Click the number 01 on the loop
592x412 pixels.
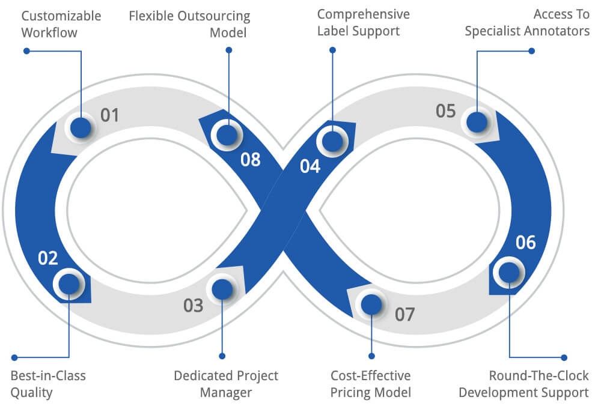pyautogui.click(x=109, y=114)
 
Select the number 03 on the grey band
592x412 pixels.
pyautogui.click(x=194, y=305)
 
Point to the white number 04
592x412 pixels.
pyautogui.click(x=310, y=166)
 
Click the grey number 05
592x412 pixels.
pyautogui.click(x=446, y=111)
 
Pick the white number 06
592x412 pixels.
pyautogui.click(x=526, y=242)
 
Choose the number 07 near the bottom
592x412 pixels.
pyautogui.click(x=405, y=314)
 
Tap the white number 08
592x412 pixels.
pyautogui.click(x=251, y=160)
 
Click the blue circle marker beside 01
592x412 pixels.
pyautogui.click(x=81, y=127)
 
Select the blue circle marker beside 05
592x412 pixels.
pyautogui.click(x=477, y=122)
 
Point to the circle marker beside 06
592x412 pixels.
pyautogui.click(x=508, y=272)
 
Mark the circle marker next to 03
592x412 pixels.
pyautogui.click(x=222, y=289)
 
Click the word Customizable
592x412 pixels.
pyautogui.click(x=61, y=15)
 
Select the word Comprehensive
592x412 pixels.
pyautogui.click(x=364, y=14)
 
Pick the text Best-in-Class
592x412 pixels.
pyautogui.click(x=48, y=376)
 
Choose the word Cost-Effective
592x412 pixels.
pyautogui.click(x=370, y=376)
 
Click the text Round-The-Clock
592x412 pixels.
pyautogui.click(x=539, y=376)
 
